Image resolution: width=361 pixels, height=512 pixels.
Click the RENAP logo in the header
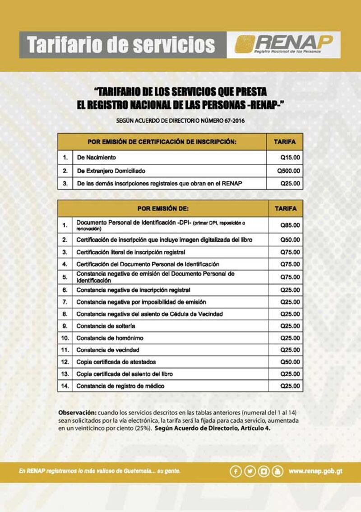pos(284,45)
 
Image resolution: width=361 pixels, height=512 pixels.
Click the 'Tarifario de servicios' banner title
pos(121,45)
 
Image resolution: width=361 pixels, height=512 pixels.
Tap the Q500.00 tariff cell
pos(289,171)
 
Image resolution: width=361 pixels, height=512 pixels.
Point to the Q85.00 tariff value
pos(290,225)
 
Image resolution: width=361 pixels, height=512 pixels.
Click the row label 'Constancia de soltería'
pos(106,326)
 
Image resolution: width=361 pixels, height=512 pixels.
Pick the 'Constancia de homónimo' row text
pos(110,338)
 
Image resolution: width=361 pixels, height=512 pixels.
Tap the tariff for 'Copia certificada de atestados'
pos(290,362)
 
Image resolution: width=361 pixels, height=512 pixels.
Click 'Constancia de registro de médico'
pos(120,386)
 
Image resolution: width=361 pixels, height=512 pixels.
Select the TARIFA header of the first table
pos(285,142)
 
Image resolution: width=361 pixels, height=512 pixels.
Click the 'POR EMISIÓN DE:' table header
pos(162,208)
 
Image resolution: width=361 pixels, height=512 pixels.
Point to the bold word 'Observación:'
pos(77,413)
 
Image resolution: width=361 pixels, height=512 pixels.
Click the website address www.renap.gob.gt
pos(315,471)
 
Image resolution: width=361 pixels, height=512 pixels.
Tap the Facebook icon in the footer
pos(236,471)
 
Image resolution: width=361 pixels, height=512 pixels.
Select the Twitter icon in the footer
pos(250,471)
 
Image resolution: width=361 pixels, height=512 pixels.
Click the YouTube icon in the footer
pos(278,471)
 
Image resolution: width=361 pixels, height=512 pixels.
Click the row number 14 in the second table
pos(65,386)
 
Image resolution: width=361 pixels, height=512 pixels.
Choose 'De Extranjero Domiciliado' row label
pos(111,171)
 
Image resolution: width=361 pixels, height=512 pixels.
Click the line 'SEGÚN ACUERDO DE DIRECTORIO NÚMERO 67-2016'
pos(180,121)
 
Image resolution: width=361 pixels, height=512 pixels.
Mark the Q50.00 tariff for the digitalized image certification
pos(290,240)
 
